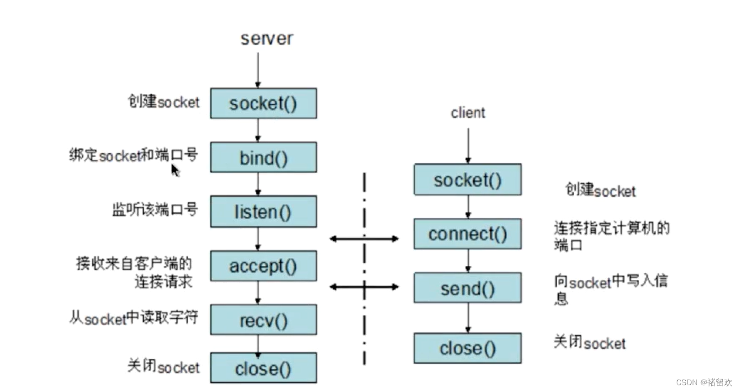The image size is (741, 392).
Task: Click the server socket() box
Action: point(263,104)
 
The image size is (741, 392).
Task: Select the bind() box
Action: point(263,157)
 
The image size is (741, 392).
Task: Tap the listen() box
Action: point(263,212)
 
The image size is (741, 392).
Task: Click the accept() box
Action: point(263,266)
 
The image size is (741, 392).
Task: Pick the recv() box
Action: point(263,320)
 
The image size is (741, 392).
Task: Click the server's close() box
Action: point(263,368)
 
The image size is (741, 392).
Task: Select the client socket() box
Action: point(467,180)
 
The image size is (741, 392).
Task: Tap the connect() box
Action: point(467,234)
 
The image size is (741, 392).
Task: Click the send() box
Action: point(467,288)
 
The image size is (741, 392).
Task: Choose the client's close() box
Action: point(467,348)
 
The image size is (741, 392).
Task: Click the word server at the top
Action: point(267,39)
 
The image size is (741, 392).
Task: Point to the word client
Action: point(468,113)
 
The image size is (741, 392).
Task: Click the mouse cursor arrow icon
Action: point(175,170)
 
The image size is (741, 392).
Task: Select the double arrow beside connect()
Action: point(364,239)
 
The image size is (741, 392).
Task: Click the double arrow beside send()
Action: point(364,287)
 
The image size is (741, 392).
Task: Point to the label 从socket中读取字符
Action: point(134,318)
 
